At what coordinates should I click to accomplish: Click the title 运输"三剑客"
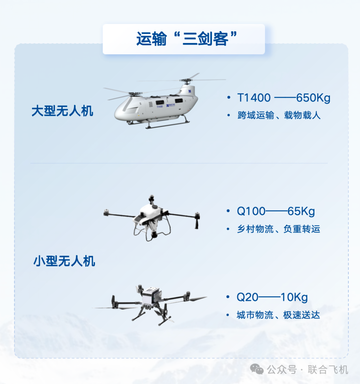(184, 39)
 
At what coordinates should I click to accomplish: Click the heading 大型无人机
(62, 111)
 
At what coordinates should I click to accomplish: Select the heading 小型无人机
(64, 261)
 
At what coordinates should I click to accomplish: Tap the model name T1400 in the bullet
(254, 98)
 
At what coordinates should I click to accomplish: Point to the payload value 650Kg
(313, 98)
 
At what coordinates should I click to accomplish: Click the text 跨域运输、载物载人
(279, 115)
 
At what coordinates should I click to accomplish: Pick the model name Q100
(251, 211)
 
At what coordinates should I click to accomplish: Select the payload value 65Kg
(301, 211)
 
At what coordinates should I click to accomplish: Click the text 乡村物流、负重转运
(278, 229)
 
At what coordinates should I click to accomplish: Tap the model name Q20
(247, 297)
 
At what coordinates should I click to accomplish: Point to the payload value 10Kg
(294, 297)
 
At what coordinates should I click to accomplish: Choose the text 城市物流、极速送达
(278, 315)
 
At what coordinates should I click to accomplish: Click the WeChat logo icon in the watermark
(257, 369)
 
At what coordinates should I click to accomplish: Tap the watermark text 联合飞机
(328, 370)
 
